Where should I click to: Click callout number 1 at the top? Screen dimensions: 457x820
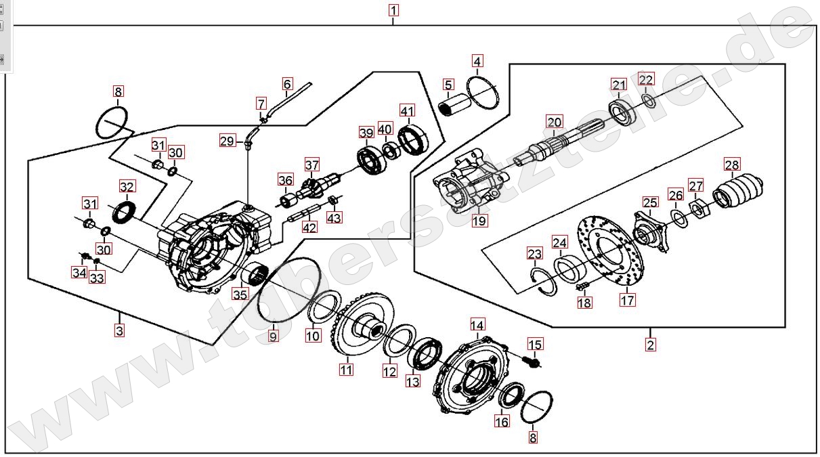tap(393, 10)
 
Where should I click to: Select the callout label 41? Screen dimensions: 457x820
tap(407, 110)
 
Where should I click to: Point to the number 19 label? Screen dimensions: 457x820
tap(479, 220)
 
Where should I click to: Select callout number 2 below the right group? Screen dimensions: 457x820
tap(650, 344)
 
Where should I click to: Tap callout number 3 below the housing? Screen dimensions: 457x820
tap(119, 331)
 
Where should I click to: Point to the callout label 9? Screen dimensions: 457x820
tap(273, 335)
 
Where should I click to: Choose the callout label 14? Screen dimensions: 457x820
tap(478, 324)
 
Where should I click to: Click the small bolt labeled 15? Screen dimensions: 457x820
tap(532, 362)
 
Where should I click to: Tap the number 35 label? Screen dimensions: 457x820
tap(240, 294)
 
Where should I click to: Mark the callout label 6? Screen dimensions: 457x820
tap(287, 84)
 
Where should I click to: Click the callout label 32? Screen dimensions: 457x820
tap(127, 186)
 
